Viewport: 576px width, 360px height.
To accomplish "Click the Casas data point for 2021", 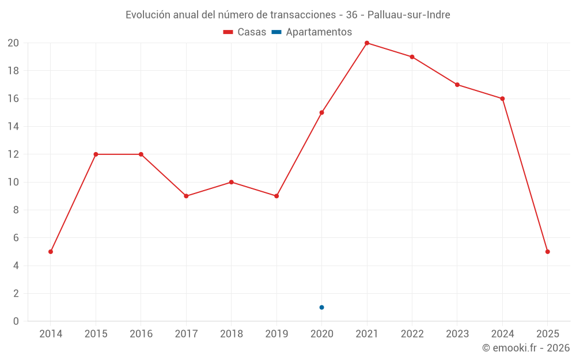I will [x=367, y=43].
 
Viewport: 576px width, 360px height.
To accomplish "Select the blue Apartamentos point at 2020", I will [x=321, y=307].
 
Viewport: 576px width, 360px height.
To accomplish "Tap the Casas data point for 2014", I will [x=51, y=252].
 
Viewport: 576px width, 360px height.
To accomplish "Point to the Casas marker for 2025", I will [x=547, y=252].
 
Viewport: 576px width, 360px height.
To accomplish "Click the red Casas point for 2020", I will [x=321, y=112].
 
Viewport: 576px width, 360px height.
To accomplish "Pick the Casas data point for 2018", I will [x=231, y=182].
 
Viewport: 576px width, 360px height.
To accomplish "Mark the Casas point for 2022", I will [x=412, y=57].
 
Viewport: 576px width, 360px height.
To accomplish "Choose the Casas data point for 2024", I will [x=502, y=98].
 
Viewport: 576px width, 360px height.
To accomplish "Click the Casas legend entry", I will [x=245, y=32].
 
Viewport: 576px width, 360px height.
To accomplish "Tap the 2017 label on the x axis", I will [x=186, y=334].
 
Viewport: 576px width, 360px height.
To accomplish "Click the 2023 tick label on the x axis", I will [x=457, y=334].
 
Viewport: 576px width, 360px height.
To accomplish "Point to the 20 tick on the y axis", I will [x=13, y=43].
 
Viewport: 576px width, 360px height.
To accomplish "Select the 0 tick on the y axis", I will [x=16, y=321].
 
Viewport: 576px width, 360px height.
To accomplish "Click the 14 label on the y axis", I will [x=13, y=126].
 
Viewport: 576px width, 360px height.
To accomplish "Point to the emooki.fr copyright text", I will [x=526, y=348].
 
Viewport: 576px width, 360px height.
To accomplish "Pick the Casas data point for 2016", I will [x=141, y=154].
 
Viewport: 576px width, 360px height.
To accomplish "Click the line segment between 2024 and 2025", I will [x=525, y=175].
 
